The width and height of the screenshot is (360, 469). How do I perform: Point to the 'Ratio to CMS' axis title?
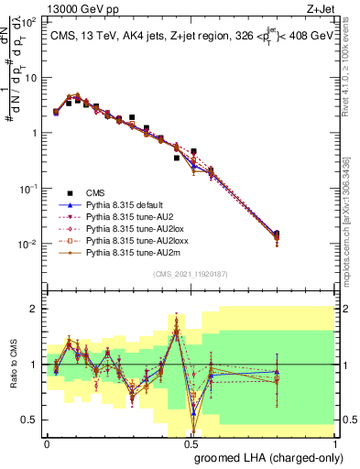point(16,375)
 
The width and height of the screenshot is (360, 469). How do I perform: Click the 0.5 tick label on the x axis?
point(191,442)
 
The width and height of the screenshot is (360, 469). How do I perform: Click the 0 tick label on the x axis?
point(47,442)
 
